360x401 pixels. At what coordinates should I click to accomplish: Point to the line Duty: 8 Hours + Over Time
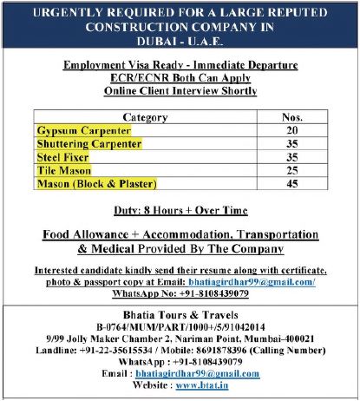tap(180, 210)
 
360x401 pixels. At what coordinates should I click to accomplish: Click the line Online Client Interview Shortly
tap(180, 89)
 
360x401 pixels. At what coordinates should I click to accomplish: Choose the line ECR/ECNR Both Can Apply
tap(180, 77)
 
